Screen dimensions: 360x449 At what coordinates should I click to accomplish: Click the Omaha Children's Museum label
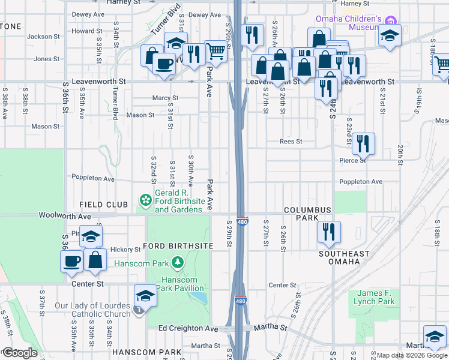pyautogui.click(x=348, y=22)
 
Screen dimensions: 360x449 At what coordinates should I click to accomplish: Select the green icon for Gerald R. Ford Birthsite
pyautogui.click(x=145, y=199)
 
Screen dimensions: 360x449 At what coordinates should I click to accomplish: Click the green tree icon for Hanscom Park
pyautogui.click(x=178, y=262)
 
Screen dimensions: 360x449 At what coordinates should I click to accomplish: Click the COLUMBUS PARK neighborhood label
pyautogui.click(x=307, y=209)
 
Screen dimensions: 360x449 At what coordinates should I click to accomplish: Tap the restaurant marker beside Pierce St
pyautogui.click(x=363, y=143)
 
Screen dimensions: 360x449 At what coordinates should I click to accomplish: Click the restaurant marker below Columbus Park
pyautogui.click(x=328, y=232)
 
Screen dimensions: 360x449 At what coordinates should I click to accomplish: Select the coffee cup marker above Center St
pyautogui.click(x=72, y=261)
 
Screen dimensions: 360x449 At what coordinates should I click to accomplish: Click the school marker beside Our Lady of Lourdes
pyautogui.click(x=145, y=295)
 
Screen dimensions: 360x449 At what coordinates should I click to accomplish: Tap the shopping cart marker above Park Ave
pyautogui.click(x=215, y=51)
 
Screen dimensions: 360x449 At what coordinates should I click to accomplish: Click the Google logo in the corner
pyautogui.click(x=20, y=353)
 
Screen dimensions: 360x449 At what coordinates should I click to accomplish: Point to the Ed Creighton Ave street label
pyautogui.click(x=188, y=329)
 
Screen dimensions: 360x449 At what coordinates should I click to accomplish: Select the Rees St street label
pyautogui.click(x=291, y=142)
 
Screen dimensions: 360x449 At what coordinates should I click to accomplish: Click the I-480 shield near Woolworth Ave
pyautogui.click(x=243, y=221)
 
